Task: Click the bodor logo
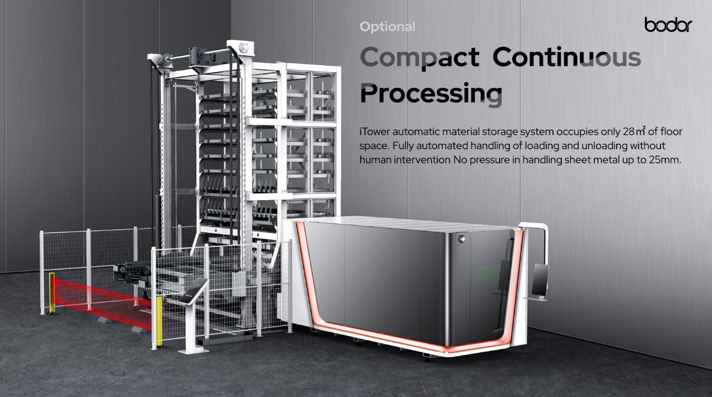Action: (x=668, y=25)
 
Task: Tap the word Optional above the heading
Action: (x=388, y=27)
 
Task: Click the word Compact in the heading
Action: (x=419, y=58)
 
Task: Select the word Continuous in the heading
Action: (x=566, y=57)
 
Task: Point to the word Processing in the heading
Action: (x=431, y=93)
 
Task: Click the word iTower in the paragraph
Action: (x=375, y=132)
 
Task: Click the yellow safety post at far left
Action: (x=52, y=293)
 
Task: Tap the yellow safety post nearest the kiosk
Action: (x=159, y=321)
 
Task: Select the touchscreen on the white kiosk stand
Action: (x=194, y=290)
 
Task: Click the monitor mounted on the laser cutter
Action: (x=540, y=280)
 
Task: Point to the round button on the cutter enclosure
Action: (x=462, y=239)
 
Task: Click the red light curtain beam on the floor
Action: (x=100, y=300)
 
